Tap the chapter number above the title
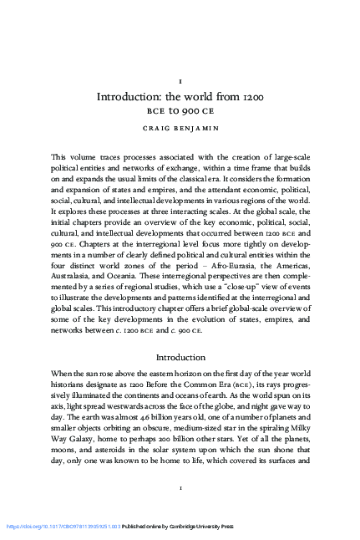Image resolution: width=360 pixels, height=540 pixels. pyautogui.click(x=180, y=78)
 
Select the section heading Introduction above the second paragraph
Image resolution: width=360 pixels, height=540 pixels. pyautogui.click(x=180, y=357)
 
